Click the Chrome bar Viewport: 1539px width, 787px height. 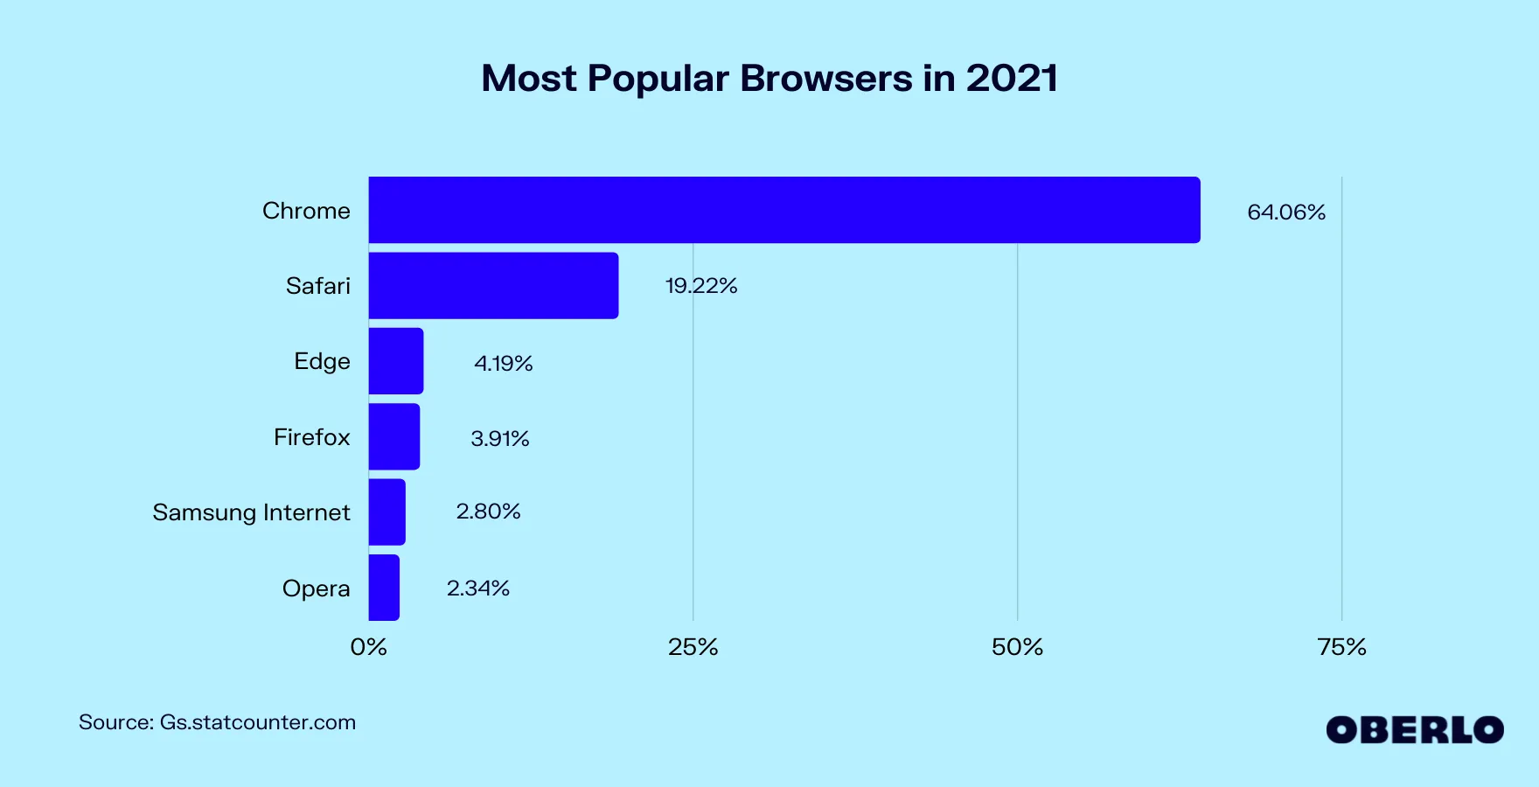[783, 210]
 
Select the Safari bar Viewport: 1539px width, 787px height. [493, 286]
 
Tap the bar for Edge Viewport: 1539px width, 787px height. [396, 361]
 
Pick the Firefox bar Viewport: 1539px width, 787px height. [394, 436]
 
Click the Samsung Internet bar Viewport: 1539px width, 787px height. [387, 512]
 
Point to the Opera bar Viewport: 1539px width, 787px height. [384, 588]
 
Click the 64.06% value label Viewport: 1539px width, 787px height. [1286, 212]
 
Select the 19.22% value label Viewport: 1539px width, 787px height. [701, 286]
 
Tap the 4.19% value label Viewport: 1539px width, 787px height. [504, 363]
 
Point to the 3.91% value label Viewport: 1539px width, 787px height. [500, 438]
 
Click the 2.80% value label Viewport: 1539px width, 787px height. [488, 512]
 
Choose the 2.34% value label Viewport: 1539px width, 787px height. [478, 589]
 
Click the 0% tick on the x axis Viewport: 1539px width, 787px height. [368, 647]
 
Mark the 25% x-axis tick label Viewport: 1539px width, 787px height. [693, 647]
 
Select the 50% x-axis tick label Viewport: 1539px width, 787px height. [1017, 647]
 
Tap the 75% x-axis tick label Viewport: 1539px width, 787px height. [1341, 647]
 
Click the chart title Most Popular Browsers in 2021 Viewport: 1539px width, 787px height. [769, 79]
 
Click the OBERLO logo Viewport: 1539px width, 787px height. [1414, 730]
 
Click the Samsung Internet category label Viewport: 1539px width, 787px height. [251, 512]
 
